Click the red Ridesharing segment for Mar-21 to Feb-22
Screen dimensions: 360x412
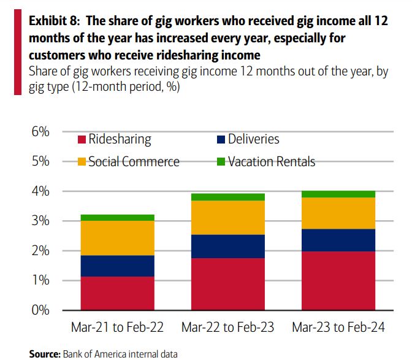117,293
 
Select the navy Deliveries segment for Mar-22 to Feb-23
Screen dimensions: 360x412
227,246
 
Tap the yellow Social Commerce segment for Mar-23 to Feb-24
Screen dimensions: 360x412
338,213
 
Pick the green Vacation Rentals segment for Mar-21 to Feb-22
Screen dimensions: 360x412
117,217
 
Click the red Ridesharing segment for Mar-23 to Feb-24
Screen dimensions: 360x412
338,280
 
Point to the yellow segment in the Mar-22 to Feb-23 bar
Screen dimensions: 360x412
227,217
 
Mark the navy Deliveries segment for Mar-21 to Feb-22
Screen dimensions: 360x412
117,266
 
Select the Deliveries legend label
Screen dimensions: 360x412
253,139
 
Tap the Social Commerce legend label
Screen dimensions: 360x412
134,162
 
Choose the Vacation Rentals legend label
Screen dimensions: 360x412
271,162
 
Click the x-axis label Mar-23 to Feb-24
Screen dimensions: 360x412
338,327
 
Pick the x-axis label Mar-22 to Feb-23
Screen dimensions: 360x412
227,327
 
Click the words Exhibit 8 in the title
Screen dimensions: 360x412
54,21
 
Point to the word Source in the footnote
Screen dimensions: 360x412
45,354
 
